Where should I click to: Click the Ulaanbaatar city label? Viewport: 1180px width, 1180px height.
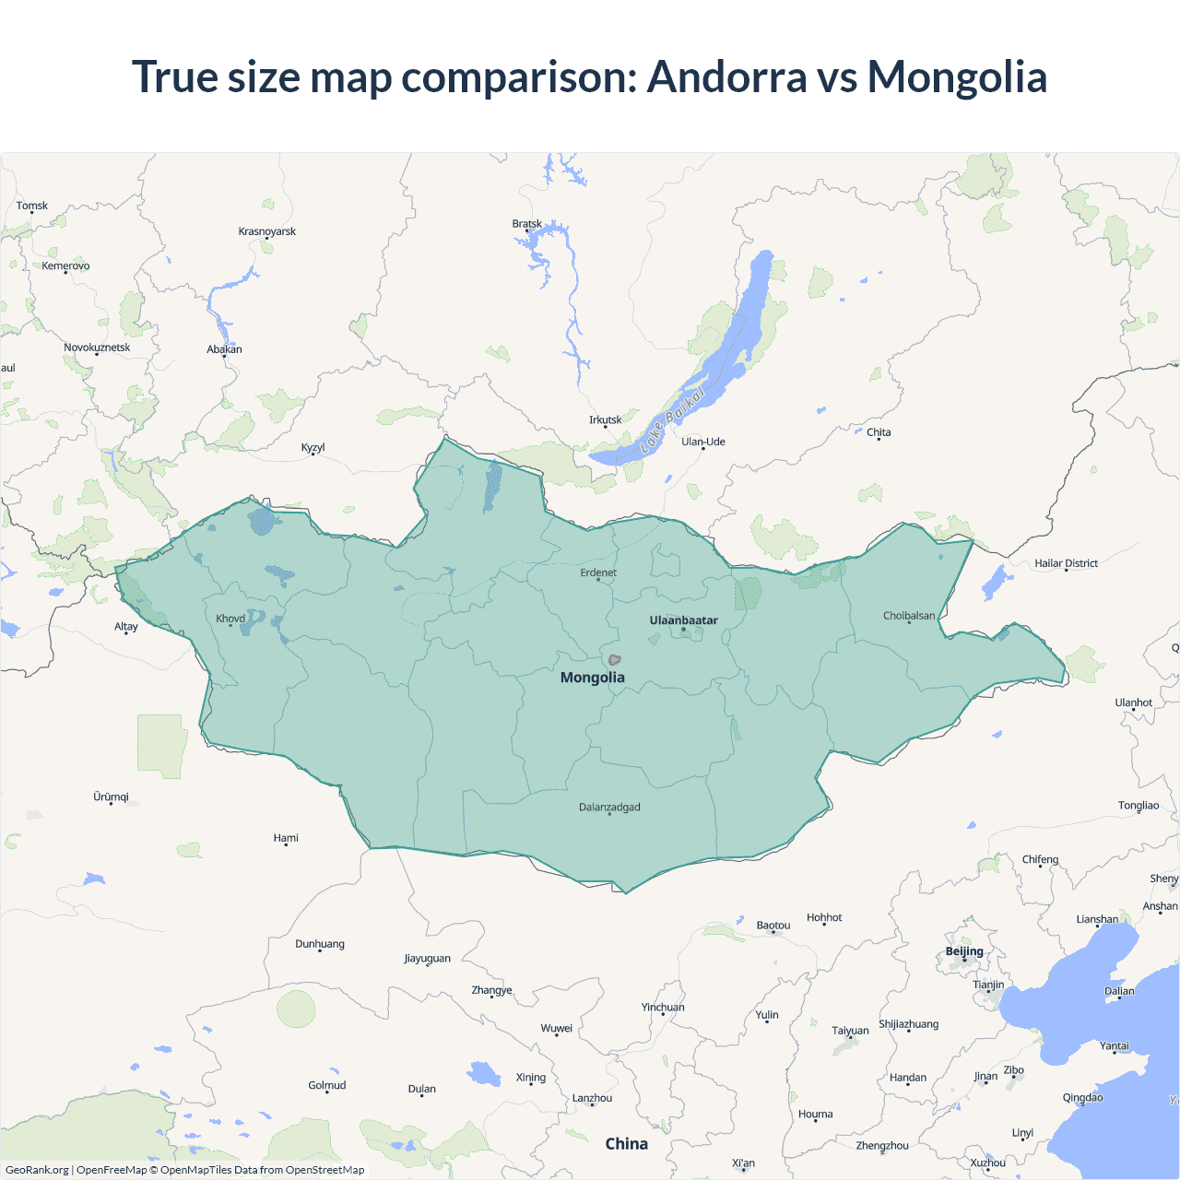point(683,620)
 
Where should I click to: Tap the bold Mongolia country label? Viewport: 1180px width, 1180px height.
point(593,678)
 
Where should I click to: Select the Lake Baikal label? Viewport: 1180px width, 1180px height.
point(673,419)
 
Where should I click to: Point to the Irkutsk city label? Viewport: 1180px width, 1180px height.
point(606,419)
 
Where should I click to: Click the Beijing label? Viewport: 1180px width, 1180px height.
point(964,951)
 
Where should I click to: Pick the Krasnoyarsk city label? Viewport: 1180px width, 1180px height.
point(267,231)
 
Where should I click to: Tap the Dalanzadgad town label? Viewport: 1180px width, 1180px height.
point(609,808)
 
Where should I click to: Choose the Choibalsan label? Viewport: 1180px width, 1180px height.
point(909,616)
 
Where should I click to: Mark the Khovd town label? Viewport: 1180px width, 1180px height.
point(230,619)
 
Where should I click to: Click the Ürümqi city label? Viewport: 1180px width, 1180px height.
point(111,796)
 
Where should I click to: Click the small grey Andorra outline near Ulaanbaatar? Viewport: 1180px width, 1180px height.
point(614,659)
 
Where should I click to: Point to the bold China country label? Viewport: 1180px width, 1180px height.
point(627,1144)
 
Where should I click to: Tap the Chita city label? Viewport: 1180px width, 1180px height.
point(879,432)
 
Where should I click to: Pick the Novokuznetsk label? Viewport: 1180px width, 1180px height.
point(97,348)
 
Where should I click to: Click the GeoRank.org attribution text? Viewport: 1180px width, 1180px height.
point(37,1170)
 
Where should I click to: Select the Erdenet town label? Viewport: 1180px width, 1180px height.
point(598,572)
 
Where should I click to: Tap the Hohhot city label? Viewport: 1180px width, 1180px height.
point(824,917)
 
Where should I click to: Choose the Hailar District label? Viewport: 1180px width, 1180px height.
point(1066,563)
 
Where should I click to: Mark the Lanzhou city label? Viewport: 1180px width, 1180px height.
point(592,1098)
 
